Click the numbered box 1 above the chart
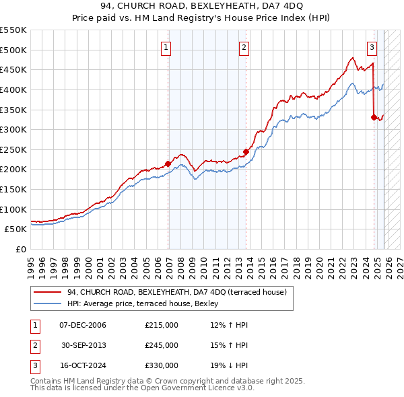coord(166,47)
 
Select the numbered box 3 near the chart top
coord(372,47)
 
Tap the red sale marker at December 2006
coord(168,163)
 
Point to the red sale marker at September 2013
coord(246,151)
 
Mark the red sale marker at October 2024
coord(374,117)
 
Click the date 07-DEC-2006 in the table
coord(83,325)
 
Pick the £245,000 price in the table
coord(162,345)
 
